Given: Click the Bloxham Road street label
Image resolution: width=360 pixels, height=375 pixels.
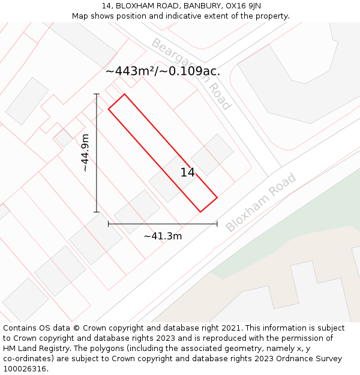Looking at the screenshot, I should pyautogui.click(x=261, y=202).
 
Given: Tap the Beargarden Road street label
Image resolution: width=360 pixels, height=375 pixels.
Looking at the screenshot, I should pyautogui.click(x=191, y=74).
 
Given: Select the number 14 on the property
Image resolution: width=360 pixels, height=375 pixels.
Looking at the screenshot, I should pyautogui.click(x=188, y=173).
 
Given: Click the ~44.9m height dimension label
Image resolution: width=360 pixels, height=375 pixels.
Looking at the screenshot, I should pyautogui.click(x=85, y=153).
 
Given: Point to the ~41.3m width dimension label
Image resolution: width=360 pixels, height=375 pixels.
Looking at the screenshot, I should pyautogui.click(x=163, y=236).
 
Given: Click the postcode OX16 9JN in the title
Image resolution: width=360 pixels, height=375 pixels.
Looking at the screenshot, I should pyautogui.click(x=243, y=5).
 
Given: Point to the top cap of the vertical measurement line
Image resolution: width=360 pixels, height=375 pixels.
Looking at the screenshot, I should pyautogui.click(x=97, y=94).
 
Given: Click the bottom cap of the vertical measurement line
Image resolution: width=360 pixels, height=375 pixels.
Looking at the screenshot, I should pyautogui.click(x=97, y=212).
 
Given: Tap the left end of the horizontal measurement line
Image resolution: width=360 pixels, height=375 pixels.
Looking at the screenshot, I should pyautogui.click(x=109, y=224).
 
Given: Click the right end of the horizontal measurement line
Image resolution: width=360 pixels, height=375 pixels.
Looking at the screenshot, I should pyautogui.click(x=217, y=224).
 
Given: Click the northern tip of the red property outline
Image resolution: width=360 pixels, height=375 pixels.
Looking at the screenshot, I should pyautogui.click(x=125, y=94).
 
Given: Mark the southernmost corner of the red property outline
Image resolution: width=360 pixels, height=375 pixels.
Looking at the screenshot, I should pyautogui.click(x=200, y=212).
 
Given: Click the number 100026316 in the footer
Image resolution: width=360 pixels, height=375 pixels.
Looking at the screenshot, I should pyautogui.click(x=24, y=369).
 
